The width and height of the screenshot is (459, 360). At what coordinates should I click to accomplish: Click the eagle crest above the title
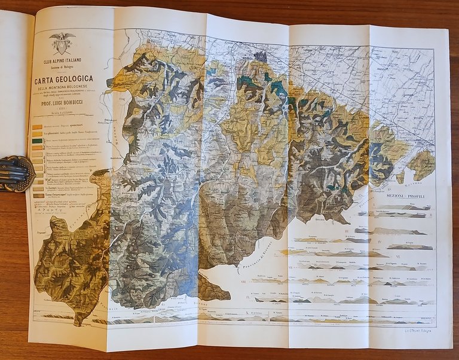(62, 42)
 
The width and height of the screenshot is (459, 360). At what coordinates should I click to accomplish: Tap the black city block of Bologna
(260, 56)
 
